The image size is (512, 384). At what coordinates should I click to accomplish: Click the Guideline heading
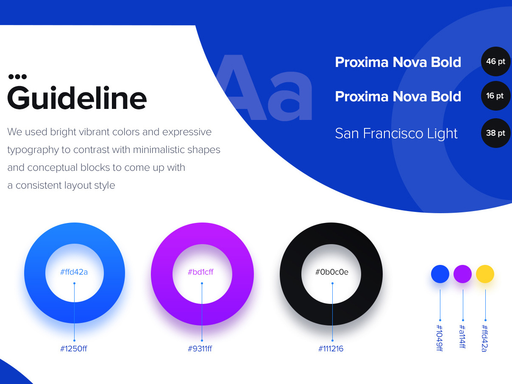pos(77,98)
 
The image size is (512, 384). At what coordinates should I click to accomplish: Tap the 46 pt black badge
pos(495,61)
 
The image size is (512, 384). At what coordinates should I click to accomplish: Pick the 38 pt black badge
pos(495,133)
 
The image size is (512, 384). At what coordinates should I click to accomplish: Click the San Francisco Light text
pos(396,134)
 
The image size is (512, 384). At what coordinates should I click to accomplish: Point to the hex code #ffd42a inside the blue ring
pos(74,272)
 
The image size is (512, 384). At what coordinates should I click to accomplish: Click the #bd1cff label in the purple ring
pos(201,272)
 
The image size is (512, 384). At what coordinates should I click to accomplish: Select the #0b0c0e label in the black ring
pos(332,272)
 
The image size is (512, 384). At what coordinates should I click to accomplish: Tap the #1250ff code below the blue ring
pos(74,349)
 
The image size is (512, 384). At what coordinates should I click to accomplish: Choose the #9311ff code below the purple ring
pos(200,349)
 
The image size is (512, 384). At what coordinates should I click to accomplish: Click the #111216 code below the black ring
pos(331,349)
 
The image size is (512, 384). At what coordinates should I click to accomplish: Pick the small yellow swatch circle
pos(485,274)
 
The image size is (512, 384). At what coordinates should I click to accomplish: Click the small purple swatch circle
pos(462,274)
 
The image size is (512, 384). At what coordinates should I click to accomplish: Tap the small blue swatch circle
pos(440,274)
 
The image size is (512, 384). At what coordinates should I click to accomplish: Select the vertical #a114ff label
pos(462,337)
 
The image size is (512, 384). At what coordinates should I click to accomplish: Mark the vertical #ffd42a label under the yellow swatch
pos(484,338)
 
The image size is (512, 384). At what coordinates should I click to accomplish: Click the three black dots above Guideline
pos(17,77)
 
